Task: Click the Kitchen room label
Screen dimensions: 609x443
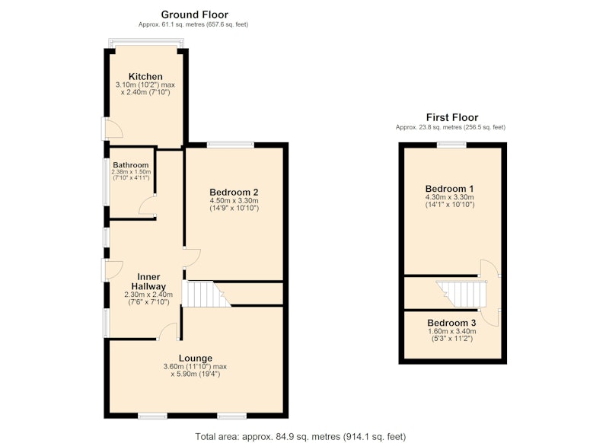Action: point(145,76)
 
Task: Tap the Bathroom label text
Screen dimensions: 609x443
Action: point(131,165)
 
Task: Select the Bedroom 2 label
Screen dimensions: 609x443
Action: point(234,192)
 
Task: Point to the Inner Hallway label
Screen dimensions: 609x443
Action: point(148,282)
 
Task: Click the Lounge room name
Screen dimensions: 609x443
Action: point(196,358)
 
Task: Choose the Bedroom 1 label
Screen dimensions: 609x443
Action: point(450,189)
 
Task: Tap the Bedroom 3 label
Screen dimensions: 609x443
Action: point(451,323)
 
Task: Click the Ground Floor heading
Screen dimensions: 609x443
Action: point(195,14)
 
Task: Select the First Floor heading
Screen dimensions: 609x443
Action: point(452,117)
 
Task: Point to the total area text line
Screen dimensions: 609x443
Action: point(301,437)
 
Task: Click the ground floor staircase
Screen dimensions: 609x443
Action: point(206,294)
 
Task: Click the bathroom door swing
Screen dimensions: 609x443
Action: point(148,206)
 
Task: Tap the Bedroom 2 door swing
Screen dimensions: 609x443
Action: point(193,258)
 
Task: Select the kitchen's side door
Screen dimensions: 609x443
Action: point(113,128)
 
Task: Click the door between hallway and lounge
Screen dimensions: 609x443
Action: point(167,332)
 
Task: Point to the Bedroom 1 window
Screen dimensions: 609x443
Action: point(451,145)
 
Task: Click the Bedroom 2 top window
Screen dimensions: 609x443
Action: point(231,145)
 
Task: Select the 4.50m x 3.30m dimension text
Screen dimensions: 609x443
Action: point(234,201)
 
